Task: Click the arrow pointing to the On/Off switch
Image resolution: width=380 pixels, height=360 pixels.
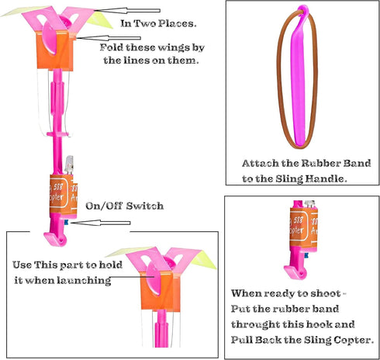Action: (x=101, y=223)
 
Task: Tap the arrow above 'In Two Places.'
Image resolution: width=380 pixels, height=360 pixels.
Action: (x=127, y=11)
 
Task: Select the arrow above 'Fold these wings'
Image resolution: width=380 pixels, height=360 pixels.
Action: (x=109, y=38)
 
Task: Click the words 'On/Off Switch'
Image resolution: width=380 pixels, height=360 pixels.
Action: (x=125, y=206)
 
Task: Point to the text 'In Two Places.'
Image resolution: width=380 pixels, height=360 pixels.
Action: (x=158, y=23)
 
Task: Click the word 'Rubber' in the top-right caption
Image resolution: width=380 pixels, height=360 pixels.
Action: (x=320, y=163)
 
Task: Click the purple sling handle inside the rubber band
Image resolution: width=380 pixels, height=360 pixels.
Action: (x=299, y=78)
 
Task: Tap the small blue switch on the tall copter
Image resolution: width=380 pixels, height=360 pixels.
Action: (x=67, y=222)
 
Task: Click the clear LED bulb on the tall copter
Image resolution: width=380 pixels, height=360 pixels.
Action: (x=69, y=164)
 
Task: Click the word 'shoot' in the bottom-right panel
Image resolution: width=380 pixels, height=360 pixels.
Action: (x=326, y=293)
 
